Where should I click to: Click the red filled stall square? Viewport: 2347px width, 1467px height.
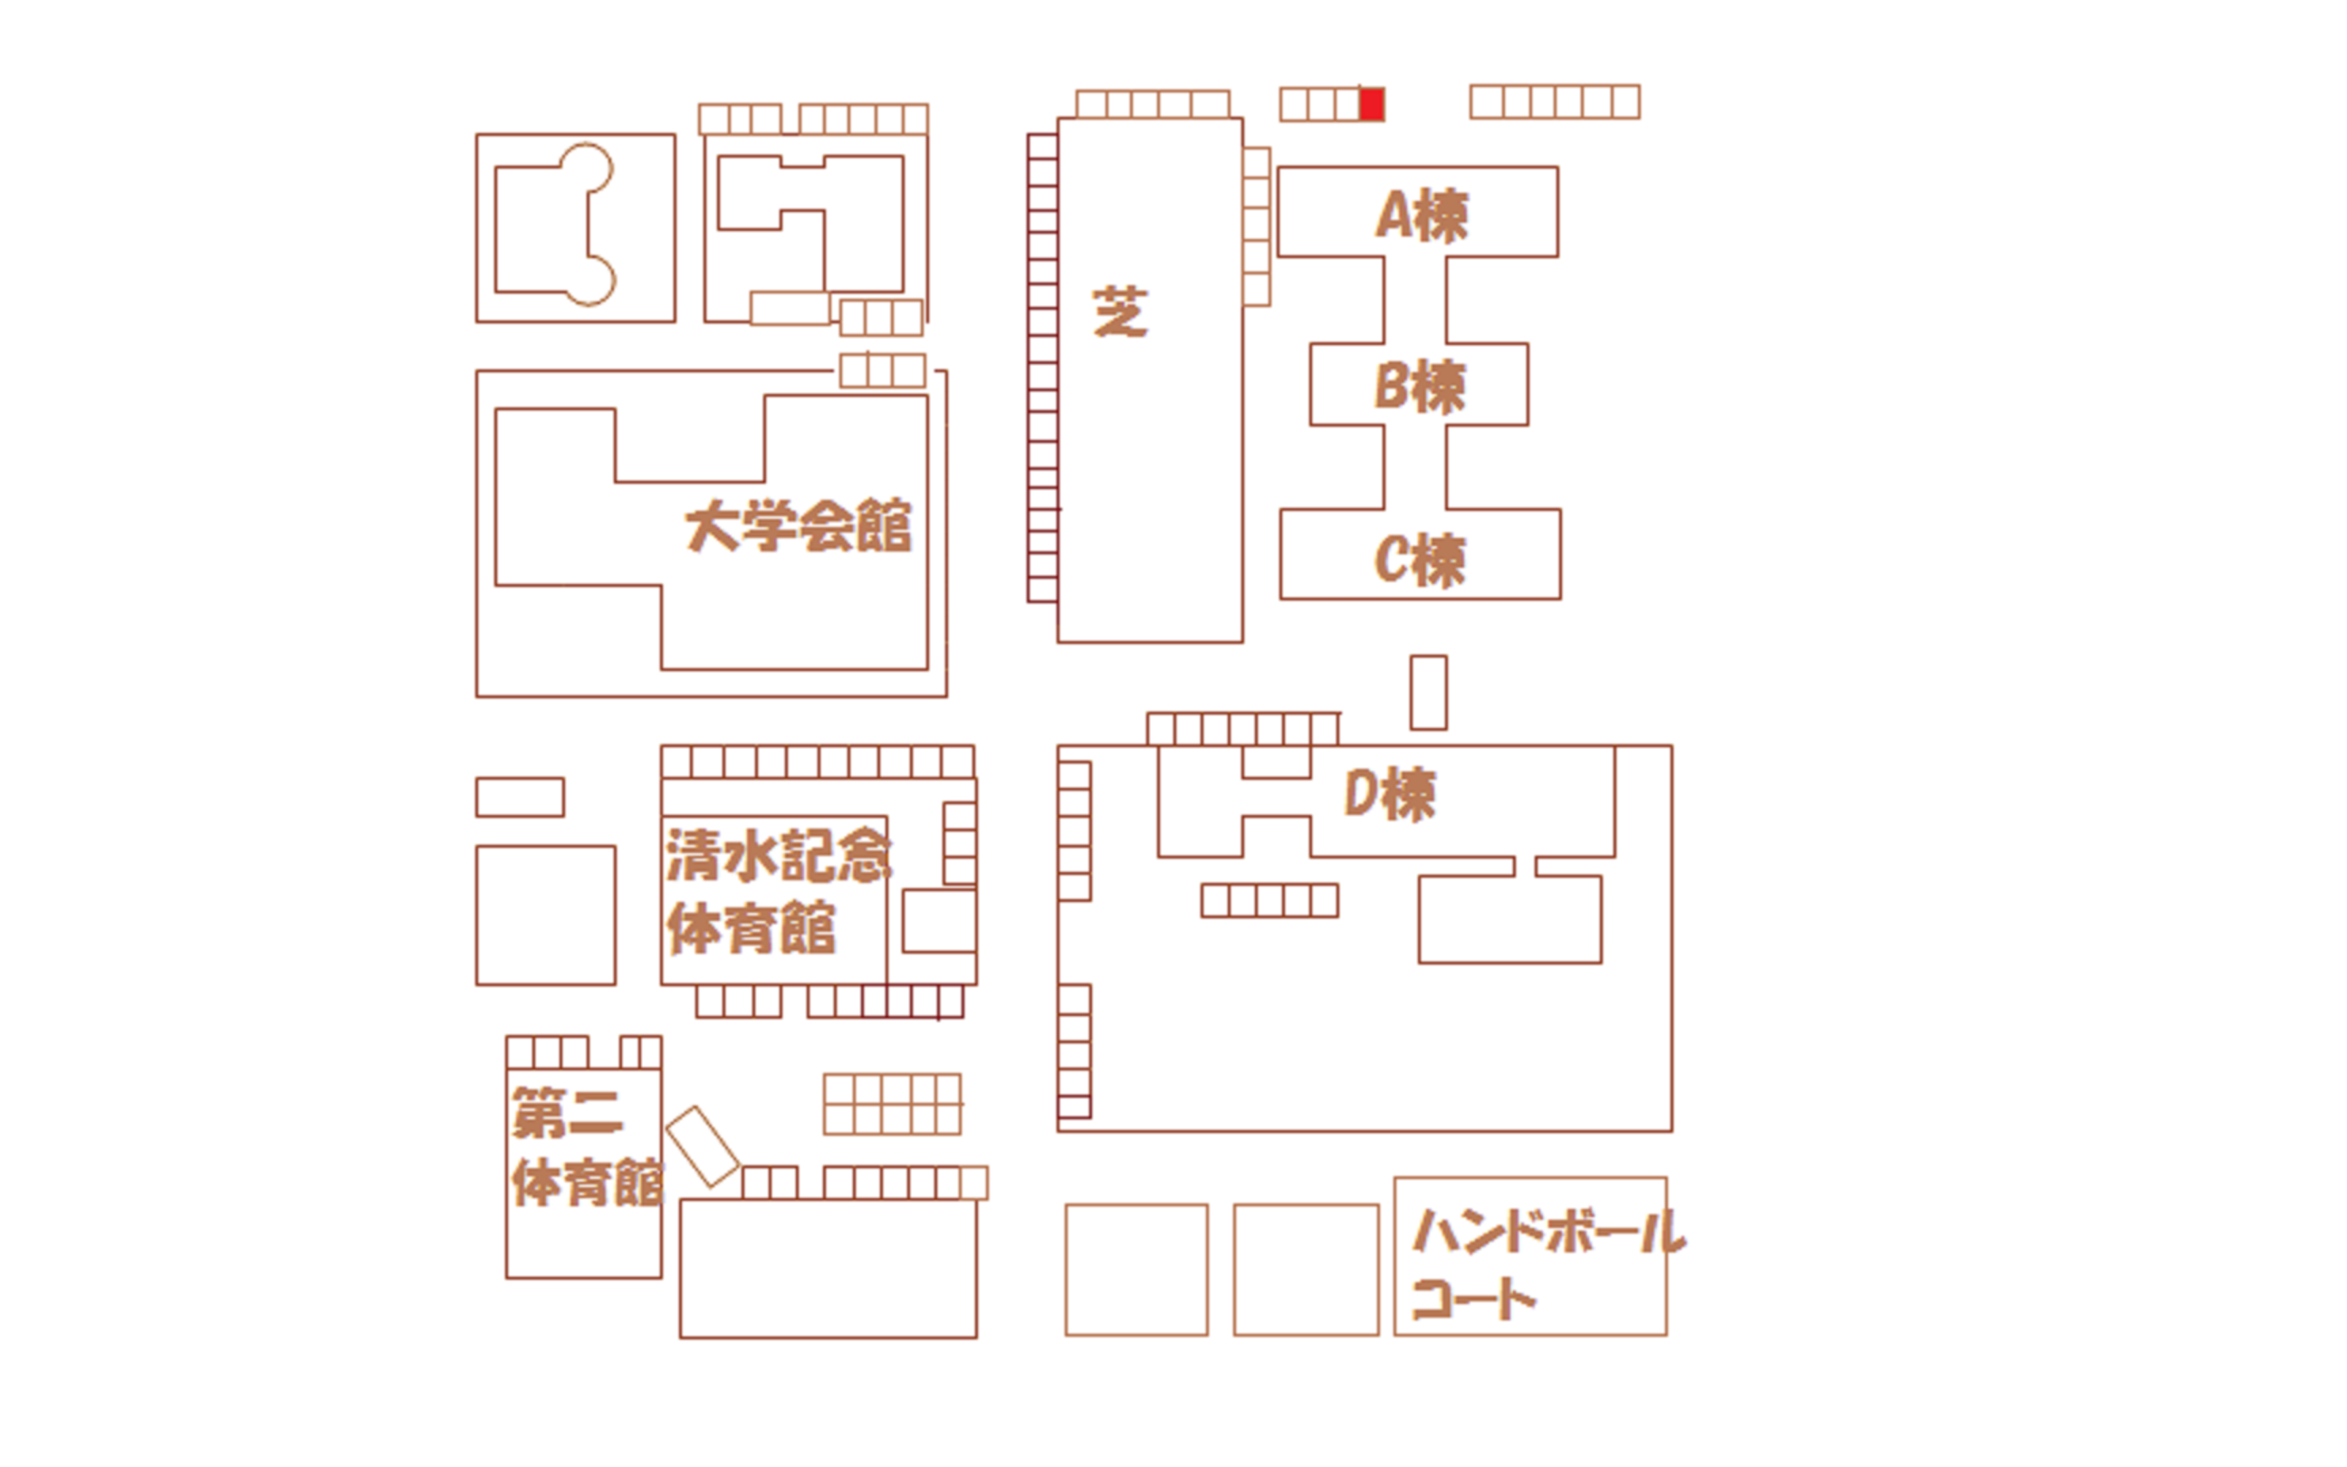click(1371, 104)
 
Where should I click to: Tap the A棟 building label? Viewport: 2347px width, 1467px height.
click(1422, 215)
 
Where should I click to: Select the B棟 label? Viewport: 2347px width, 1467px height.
click(1421, 386)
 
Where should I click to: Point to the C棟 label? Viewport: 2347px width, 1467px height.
click(1420, 560)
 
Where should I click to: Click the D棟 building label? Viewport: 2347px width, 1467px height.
click(1389, 795)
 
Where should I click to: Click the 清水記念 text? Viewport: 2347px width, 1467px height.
click(779, 856)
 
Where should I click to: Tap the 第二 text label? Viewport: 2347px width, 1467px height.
click(567, 1113)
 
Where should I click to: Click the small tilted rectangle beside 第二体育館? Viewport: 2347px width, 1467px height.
click(703, 1147)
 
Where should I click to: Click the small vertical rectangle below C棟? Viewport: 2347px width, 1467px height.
click(1429, 693)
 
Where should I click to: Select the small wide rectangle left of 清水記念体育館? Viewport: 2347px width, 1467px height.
click(520, 797)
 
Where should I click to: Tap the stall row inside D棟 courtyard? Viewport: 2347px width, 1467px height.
click(1269, 901)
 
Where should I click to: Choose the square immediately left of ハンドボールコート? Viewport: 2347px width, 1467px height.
click(1307, 1270)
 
